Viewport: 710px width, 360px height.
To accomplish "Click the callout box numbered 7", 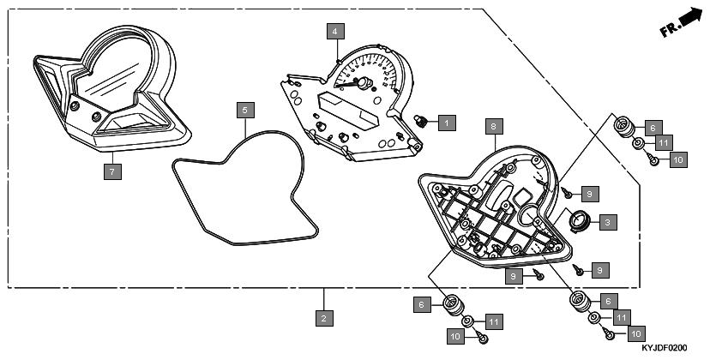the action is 112,171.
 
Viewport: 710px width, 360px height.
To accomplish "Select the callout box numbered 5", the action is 245,110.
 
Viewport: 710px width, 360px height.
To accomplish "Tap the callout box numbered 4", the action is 335,31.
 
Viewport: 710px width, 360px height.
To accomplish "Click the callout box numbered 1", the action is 447,123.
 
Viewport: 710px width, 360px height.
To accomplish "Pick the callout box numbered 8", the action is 494,126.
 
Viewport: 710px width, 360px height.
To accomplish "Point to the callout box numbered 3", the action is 608,222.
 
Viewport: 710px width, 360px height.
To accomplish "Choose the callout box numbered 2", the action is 324,318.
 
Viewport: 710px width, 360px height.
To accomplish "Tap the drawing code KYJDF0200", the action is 664,348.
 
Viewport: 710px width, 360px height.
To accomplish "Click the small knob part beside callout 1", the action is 421,121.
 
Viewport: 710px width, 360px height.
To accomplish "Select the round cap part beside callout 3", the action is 578,221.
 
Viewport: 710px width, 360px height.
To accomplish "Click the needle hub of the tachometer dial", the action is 363,83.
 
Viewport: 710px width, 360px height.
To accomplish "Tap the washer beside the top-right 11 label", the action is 639,144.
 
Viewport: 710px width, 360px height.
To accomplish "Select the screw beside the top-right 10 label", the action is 653,159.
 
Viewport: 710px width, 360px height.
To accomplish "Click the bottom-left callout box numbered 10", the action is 455,336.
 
